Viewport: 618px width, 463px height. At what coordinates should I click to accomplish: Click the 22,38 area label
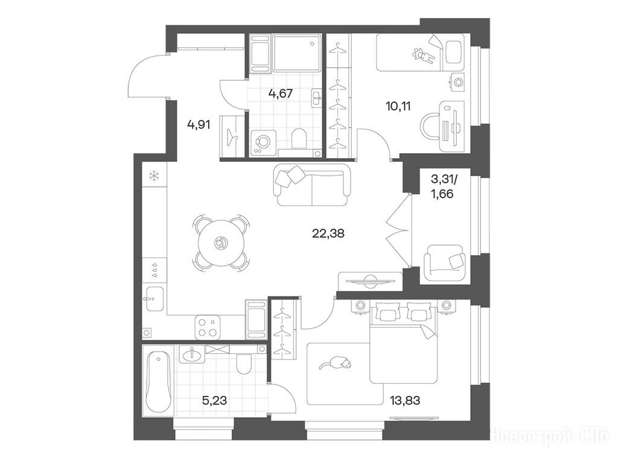(328, 234)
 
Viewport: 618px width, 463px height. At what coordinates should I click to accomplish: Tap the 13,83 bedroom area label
(405, 401)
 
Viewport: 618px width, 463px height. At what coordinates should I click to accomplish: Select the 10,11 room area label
(398, 106)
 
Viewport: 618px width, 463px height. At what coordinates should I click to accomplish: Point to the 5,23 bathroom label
(214, 401)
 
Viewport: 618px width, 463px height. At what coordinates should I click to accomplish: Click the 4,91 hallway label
(199, 125)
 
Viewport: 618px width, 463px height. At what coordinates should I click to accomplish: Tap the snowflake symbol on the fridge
(153, 176)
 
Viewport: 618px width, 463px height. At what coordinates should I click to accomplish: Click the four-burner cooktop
(208, 327)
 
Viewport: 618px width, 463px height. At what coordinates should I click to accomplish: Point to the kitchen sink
(154, 299)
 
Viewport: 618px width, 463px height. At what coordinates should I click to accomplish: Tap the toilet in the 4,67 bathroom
(299, 139)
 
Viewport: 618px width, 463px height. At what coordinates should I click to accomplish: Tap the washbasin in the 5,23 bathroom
(193, 354)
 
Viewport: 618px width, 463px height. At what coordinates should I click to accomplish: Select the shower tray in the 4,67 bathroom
(296, 53)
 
